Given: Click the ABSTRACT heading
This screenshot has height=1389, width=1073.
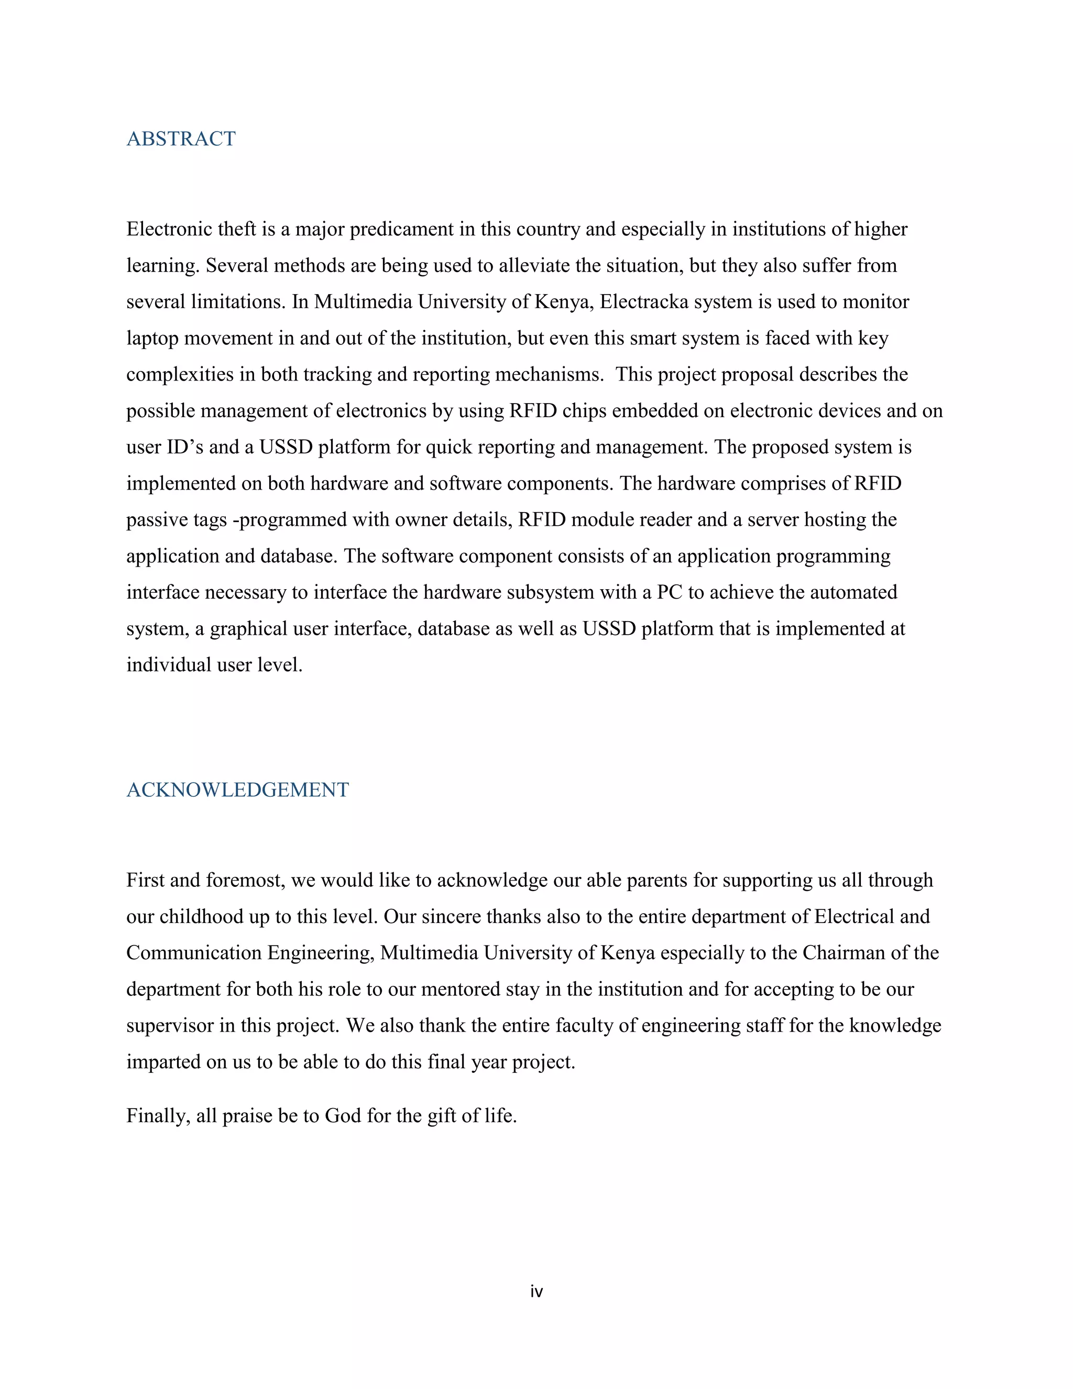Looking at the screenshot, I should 181,139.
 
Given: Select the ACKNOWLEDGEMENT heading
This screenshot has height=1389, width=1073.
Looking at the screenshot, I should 238,790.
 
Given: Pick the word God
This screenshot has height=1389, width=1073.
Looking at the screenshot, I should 343,1115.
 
